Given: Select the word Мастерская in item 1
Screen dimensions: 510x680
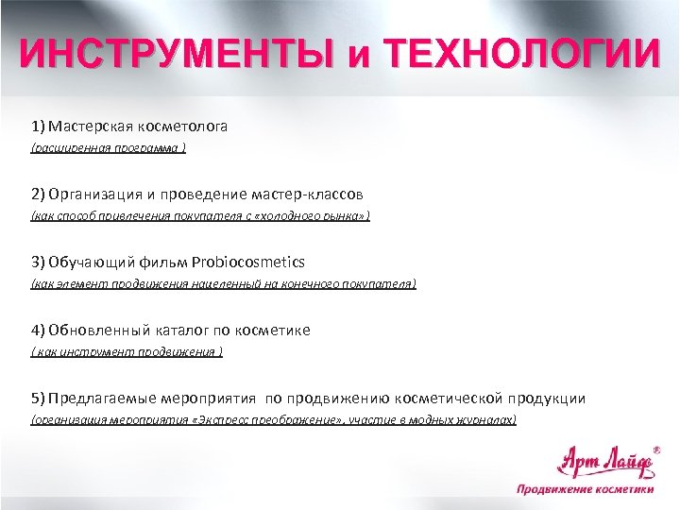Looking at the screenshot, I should tap(93, 125).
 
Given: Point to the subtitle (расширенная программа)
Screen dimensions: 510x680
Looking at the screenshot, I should tap(109, 147).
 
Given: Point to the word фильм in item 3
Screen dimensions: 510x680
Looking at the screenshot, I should tap(168, 262).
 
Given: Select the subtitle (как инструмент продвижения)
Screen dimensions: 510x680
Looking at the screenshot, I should tap(127, 352).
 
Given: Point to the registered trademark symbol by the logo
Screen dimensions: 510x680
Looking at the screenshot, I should tap(657, 450).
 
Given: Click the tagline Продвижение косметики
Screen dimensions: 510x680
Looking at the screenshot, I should tap(585, 489).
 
